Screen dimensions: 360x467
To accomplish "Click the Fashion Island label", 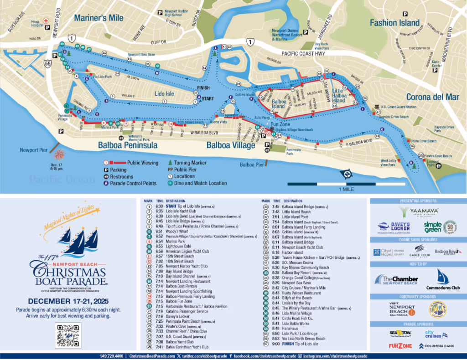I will tap(394, 22).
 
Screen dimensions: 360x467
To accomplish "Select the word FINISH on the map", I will tap(203, 87).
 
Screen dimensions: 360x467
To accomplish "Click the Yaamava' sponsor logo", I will tap(418, 211).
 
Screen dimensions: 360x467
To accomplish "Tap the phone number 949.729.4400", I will tap(112, 356).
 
